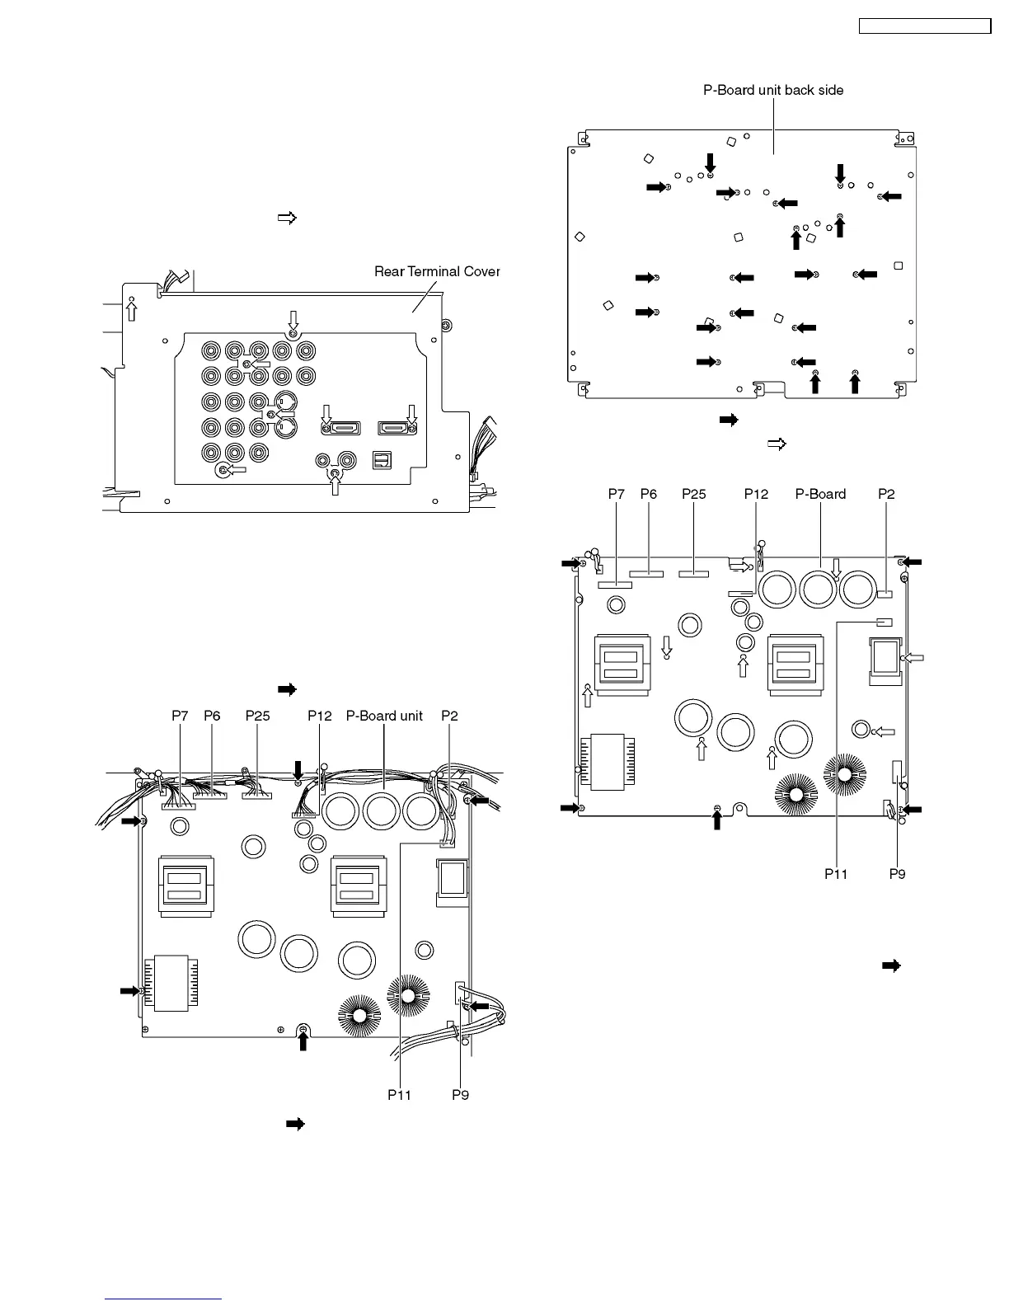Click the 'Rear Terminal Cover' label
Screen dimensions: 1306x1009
[437, 271]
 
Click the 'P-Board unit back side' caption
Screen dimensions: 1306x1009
[772, 90]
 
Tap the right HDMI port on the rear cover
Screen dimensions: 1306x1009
[396, 427]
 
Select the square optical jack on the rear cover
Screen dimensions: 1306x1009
[382, 460]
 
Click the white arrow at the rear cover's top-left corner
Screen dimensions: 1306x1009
[131, 310]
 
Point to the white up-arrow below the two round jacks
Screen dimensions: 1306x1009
[335, 484]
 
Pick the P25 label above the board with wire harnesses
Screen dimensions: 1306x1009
[258, 716]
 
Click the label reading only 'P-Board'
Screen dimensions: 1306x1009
[820, 494]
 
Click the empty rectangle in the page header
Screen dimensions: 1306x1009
[924, 26]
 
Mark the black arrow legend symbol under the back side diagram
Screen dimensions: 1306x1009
[729, 420]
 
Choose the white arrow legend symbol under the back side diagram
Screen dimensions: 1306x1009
[777, 444]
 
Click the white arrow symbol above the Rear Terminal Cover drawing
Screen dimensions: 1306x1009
[286, 218]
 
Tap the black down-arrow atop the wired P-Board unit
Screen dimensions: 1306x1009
[298, 769]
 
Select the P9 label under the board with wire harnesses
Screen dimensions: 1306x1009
[460, 1095]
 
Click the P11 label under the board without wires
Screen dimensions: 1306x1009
[836, 874]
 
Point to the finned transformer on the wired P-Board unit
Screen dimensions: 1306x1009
[171, 981]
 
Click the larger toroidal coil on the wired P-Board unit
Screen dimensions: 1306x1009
[407, 997]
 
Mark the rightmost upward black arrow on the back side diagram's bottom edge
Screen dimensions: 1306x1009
[855, 383]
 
